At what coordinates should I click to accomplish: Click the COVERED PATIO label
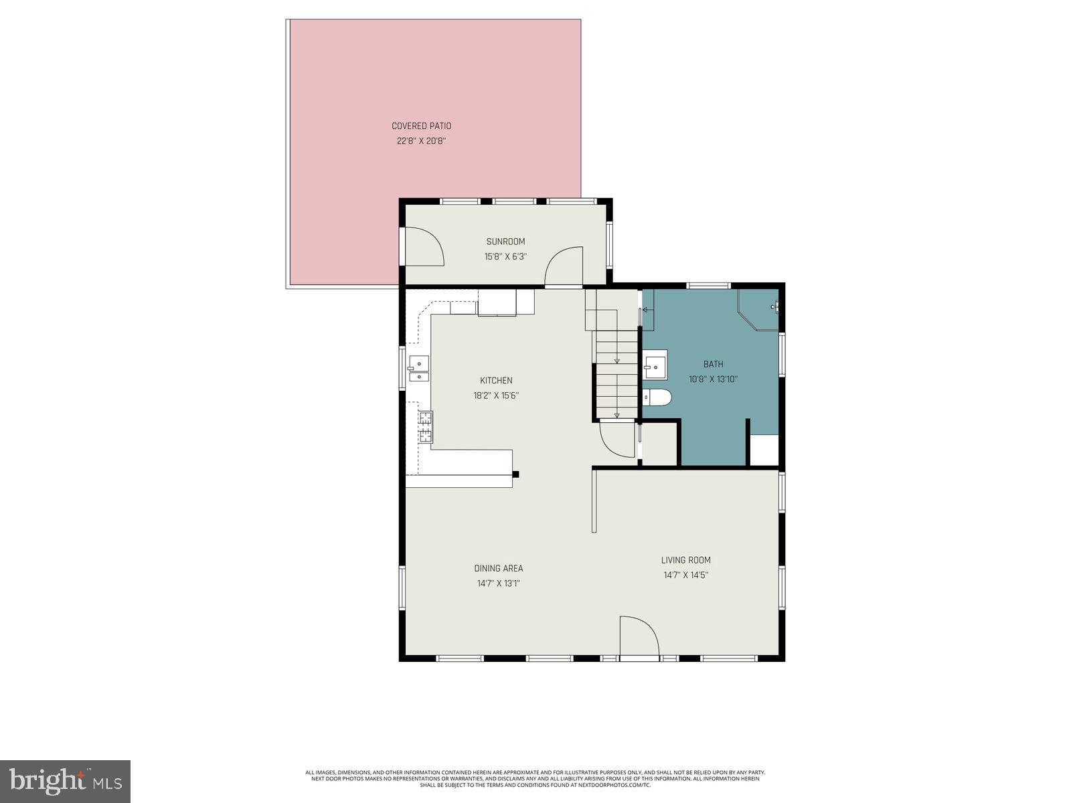pos(421,126)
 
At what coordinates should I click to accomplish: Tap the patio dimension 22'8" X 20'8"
pos(421,141)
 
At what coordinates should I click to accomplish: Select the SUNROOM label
pos(505,242)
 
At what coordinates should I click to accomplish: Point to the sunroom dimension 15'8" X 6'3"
pos(505,256)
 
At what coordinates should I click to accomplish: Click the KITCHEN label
pos(496,381)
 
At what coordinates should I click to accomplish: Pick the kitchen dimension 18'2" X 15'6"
pos(496,395)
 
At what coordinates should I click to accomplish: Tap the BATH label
pos(713,365)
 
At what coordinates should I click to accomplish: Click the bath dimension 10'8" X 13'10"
pos(713,379)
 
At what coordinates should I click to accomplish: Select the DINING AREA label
pos(499,569)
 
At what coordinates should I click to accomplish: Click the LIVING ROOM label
pos(685,560)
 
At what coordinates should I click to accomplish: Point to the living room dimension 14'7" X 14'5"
pos(685,575)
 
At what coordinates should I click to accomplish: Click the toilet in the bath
pos(657,397)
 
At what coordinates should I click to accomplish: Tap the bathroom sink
pos(655,365)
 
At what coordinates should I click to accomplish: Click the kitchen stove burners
pos(426,428)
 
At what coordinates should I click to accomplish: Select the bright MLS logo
pos(65,781)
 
